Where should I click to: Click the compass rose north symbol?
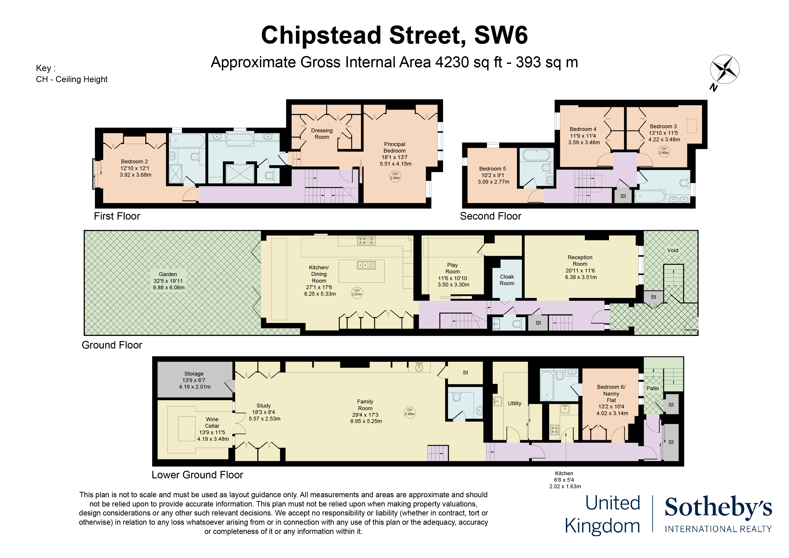click(x=724, y=70)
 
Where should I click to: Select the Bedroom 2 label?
click(x=134, y=162)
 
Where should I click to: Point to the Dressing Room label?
click(x=322, y=134)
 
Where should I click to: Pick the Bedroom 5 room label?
click(x=492, y=169)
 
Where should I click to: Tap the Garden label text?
click(x=168, y=274)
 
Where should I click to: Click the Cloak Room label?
click(x=507, y=280)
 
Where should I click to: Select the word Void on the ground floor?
click(x=673, y=250)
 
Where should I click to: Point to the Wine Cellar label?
click(x=212, y=423)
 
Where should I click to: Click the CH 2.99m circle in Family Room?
click(x=410, y=412)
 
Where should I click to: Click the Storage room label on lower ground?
click(x=194, y=374)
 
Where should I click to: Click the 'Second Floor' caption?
click(x=491, y=216)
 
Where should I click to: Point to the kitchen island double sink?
click(x=366, y=265)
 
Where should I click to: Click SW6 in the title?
click(x=501, y=35)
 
